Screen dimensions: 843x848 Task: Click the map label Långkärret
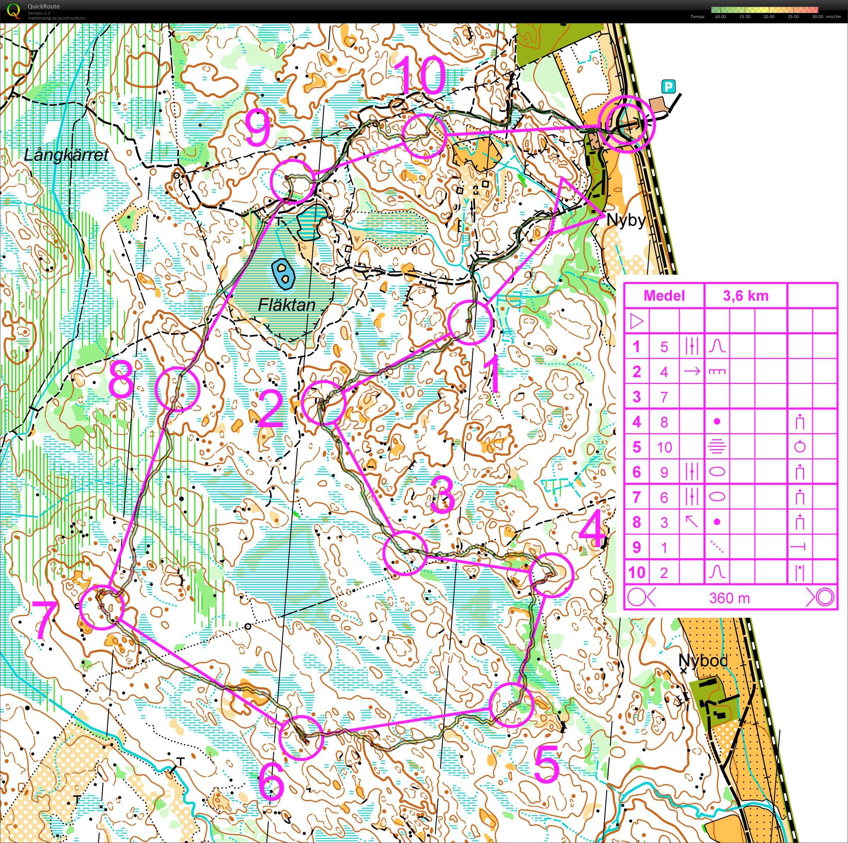(x=66, y=155)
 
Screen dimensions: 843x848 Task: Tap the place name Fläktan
(x=287, y=305)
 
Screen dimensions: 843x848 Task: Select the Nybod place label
(x=703, y=661)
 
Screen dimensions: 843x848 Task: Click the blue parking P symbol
(x=668, y=87)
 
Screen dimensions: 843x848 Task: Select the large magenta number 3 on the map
(x=443, y=494)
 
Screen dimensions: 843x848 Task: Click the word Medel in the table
(x=664, y=296)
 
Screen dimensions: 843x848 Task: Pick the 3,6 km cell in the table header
(x=746, y=296)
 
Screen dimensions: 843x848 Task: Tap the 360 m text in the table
(x=729, y=598)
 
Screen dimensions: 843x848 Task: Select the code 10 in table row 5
(x=664, y=447)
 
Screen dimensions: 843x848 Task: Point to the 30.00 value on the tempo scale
(x=817, y=17)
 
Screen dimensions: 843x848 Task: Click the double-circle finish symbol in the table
(x=824, y=597)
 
